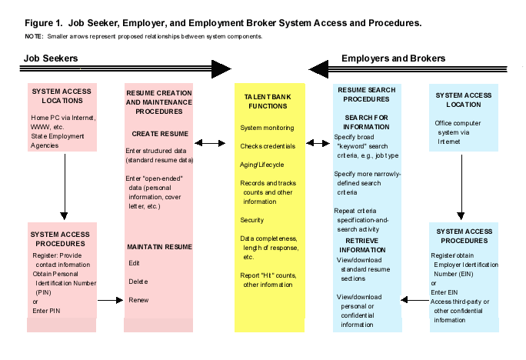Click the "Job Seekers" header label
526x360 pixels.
click(52, 58)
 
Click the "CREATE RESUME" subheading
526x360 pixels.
click(160, 134)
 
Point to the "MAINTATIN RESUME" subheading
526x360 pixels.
click(160, 246)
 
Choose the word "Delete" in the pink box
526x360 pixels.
click(138, 282)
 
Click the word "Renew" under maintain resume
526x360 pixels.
click(138, 299)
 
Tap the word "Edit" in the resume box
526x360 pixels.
click(135, 263)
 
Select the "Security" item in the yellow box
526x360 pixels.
click(252, 219)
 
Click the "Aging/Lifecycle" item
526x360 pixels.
click(262, 164)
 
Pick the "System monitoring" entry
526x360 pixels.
click(266, 126)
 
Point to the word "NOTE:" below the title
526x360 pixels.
click(34, 36)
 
